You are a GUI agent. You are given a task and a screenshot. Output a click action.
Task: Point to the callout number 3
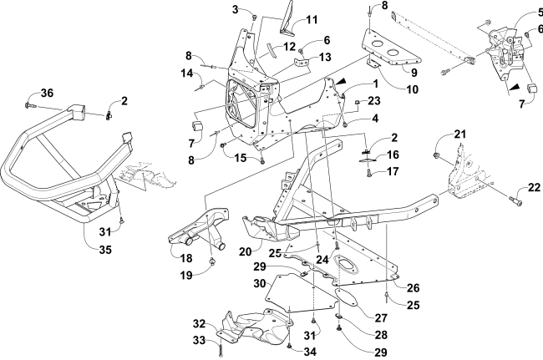point(213,9)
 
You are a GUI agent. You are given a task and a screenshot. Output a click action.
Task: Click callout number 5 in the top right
point(538,13)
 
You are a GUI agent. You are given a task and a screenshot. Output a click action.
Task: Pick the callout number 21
point(459,134)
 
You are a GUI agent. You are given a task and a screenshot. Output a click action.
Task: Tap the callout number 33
point(200,342)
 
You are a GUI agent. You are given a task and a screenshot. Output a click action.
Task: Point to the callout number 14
point(188,73)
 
